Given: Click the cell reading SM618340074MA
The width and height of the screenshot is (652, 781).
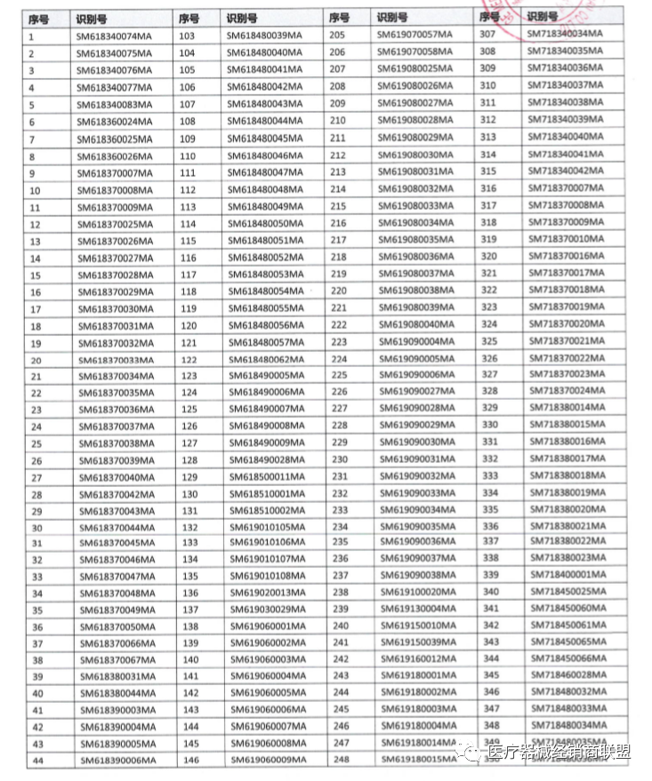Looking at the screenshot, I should point(113,36).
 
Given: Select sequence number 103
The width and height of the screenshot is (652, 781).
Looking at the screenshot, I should point(187,36).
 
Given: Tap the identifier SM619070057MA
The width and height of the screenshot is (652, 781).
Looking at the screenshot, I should point(415,36).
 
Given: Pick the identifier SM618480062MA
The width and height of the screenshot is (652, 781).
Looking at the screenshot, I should point(265,360).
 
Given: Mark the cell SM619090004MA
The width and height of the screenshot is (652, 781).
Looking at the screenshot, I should point(415,341).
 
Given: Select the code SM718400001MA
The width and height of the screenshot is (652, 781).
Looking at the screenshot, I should point(567,575).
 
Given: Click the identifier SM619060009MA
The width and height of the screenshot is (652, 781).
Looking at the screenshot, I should point(265,760).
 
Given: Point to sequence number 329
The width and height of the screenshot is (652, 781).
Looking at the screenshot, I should point(489,406).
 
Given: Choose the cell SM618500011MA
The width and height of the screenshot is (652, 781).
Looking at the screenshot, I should point(265,477).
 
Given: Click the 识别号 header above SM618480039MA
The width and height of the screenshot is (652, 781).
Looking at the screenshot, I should point(241,18).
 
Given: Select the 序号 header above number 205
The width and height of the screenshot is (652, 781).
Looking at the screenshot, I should point(339,18).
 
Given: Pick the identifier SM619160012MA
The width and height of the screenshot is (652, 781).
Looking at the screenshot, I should point(415,659).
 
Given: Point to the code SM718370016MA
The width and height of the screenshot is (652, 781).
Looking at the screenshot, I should point(567,255).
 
